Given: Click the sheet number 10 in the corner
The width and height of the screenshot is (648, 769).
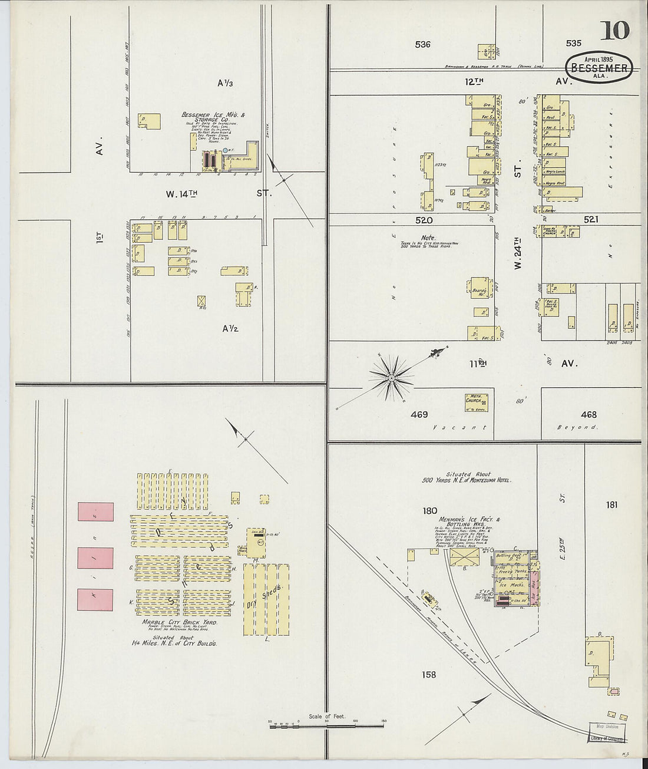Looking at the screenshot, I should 614,30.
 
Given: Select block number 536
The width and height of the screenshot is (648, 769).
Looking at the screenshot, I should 422,44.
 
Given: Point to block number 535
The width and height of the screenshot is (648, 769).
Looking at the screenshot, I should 573,43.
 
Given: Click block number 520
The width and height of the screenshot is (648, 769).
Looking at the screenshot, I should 424,220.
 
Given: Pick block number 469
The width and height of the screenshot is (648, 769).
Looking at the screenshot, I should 419,415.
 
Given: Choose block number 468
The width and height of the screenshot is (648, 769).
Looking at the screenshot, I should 588,415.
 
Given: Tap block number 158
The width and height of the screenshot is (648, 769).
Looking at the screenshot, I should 429,674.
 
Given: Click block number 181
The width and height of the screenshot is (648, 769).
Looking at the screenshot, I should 611,505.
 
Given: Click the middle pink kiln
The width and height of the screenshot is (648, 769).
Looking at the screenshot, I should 95,557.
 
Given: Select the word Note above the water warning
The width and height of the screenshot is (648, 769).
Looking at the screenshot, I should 422,237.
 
